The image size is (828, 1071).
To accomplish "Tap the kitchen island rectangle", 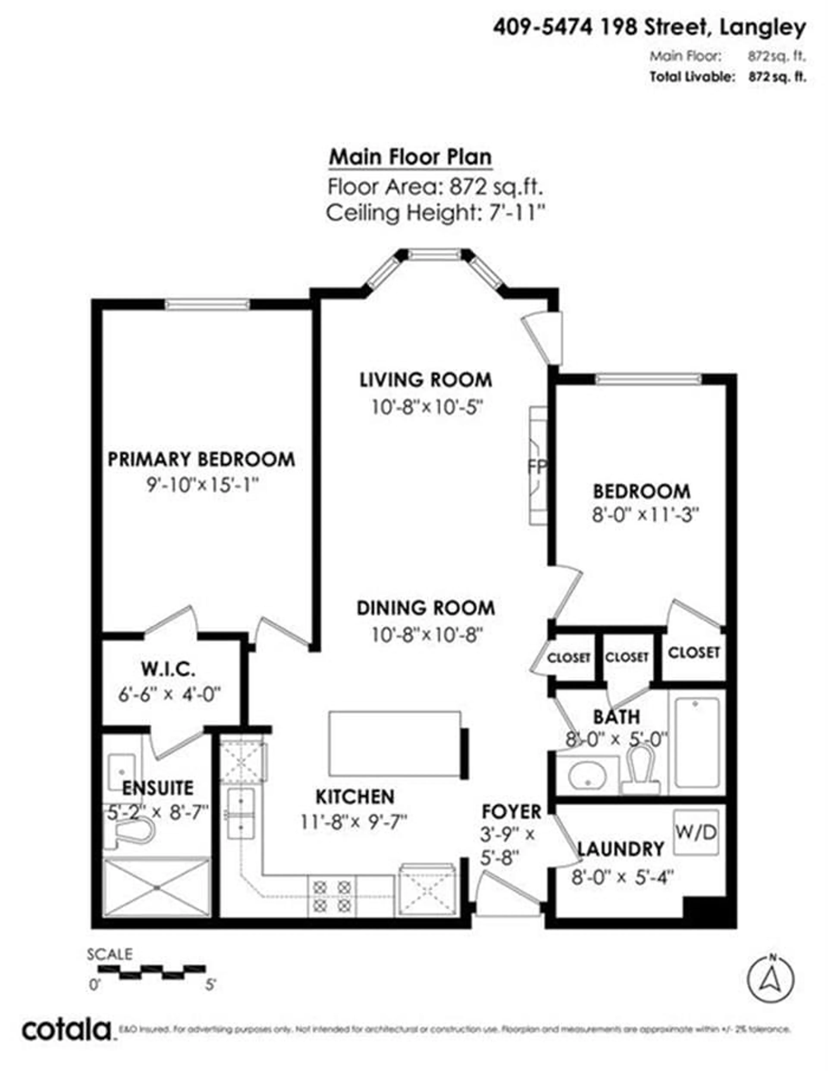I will click(395, 744).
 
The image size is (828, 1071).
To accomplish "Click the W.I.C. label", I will click(168, 669).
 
